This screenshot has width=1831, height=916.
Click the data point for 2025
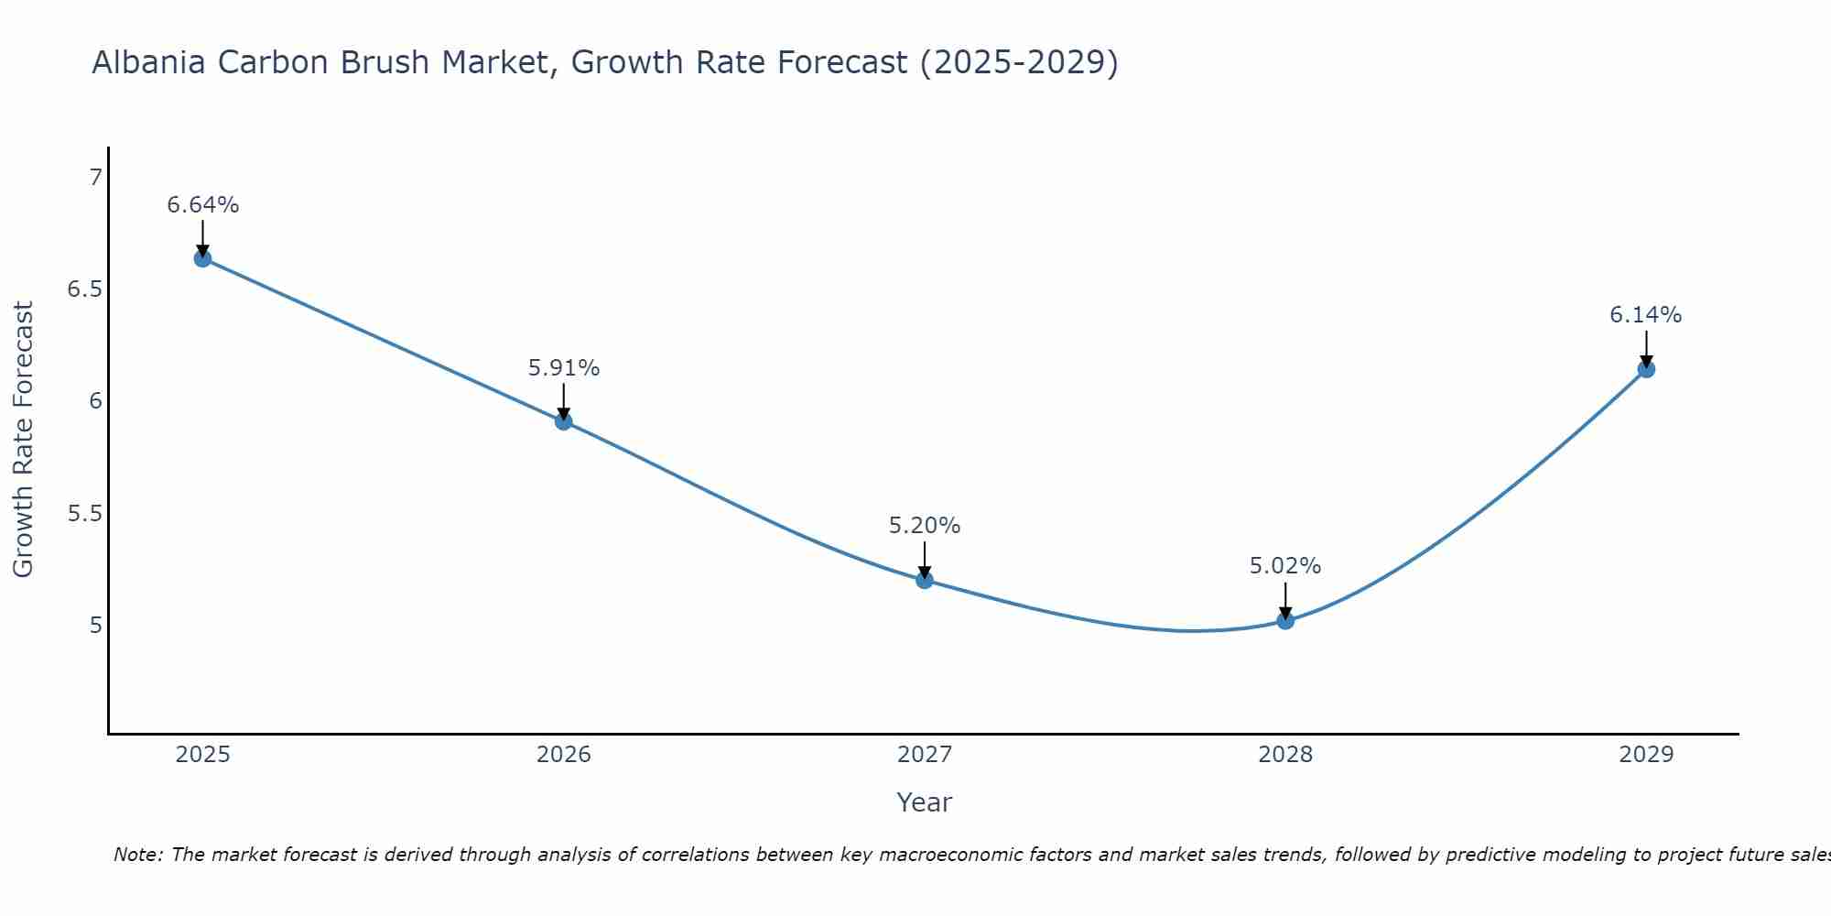pyautogui.click(x=202, y=258)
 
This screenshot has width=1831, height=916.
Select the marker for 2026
pyautogui.click(x=563, y=421)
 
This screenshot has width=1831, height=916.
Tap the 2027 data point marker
pyautogui.click(x=924, y=580)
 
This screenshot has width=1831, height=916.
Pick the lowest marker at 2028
pyautogui.click(x=1285, y=620)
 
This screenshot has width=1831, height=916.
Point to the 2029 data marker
pyautogui.click(x=1646, y=369)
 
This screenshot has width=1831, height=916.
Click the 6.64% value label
pyautogui.click(x=202, y=205)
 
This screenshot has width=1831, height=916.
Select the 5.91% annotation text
pyautogui.click(x=563, y=368)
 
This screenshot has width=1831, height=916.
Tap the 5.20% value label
pyautogui.click(x=924, y=526)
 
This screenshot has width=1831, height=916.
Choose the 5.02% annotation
pyautogui.click(x=1285, y=566)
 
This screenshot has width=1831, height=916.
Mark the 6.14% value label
pyautogui.click(x=1645, y=315)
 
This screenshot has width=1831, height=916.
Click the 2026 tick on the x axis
pyautogui.click(x=563, y=755)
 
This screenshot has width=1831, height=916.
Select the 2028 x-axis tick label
pyautogui.click(x=1285, y=755)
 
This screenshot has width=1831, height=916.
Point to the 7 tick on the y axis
pyautogui.click(x=95, y=177)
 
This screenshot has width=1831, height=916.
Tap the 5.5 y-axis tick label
pyautogui.click(x=84, y=513)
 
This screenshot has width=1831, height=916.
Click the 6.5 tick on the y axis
pyautogui.click(x=84, y=289)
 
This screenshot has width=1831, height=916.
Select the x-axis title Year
pyautogui.click(x=924, y=802)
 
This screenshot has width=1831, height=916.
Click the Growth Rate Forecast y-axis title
pyautogui.click(x=23, y=440)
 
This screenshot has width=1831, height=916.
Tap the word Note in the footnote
pyautogui.click(x=136, y=855)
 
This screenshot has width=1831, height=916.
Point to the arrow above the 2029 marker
pyautogui.click(x=1646, y=348)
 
